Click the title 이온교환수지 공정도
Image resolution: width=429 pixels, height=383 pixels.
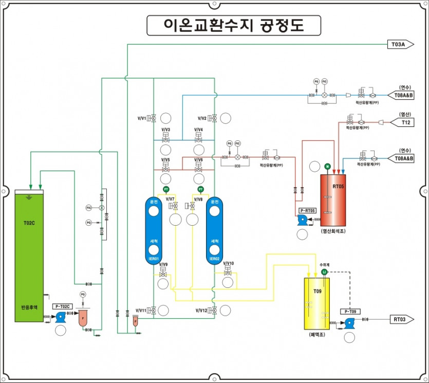coord(234,25)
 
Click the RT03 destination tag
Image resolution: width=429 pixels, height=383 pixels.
coord(400,319)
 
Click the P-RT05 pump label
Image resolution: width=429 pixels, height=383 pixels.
coord(307,211)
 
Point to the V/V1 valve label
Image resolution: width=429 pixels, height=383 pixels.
coord(142,118)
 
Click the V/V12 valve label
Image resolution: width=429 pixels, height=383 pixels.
coord(202,311)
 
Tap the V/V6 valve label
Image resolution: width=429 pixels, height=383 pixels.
coord(198,160)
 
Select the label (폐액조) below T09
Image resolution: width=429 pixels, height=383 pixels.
coord(317,334)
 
